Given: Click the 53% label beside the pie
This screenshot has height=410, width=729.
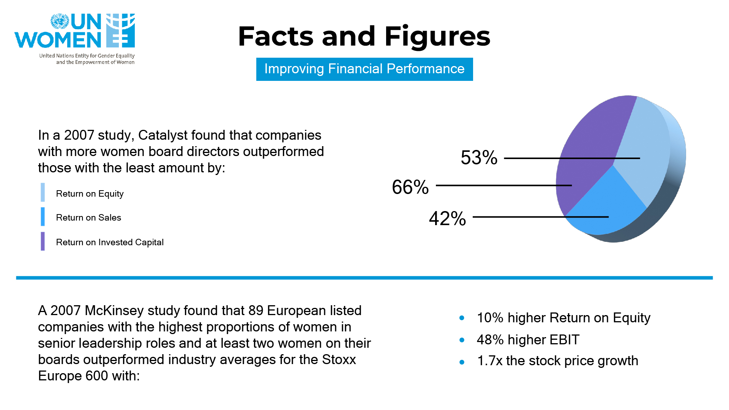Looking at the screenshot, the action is coord(479,158).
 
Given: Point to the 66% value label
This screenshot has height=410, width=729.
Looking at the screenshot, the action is coord(410,187).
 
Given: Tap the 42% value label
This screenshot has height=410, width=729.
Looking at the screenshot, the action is coord(447,219).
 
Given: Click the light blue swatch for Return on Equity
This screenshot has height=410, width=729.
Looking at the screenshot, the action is coord(43,192).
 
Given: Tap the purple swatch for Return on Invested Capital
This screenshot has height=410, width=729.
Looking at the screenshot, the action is coord(43,241).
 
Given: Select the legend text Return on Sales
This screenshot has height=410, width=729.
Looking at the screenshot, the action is coord(88,218).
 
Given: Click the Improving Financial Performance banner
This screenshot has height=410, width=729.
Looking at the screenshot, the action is coord(364,69).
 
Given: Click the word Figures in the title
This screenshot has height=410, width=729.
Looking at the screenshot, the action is coord(437,36).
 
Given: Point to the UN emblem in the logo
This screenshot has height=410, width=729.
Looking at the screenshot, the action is coord(60,21).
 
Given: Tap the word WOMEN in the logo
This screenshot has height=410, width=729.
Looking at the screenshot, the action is coord(58,39).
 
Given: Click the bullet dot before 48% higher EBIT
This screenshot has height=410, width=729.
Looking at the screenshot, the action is coord(462,340).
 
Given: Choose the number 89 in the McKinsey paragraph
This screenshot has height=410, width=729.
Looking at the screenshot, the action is coord(256,311).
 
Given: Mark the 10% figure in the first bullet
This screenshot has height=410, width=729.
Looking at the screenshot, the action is coord(490,318).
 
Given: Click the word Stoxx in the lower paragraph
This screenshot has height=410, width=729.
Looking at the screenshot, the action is coord(339,360).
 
